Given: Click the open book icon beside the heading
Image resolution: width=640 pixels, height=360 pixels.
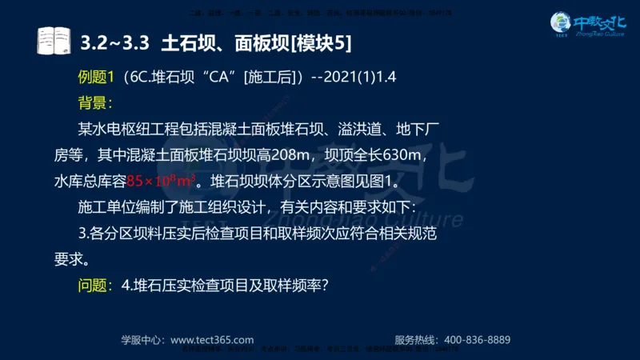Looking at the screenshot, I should (54, 41).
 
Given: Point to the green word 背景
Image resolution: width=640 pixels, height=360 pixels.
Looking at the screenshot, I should (93, 103).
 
